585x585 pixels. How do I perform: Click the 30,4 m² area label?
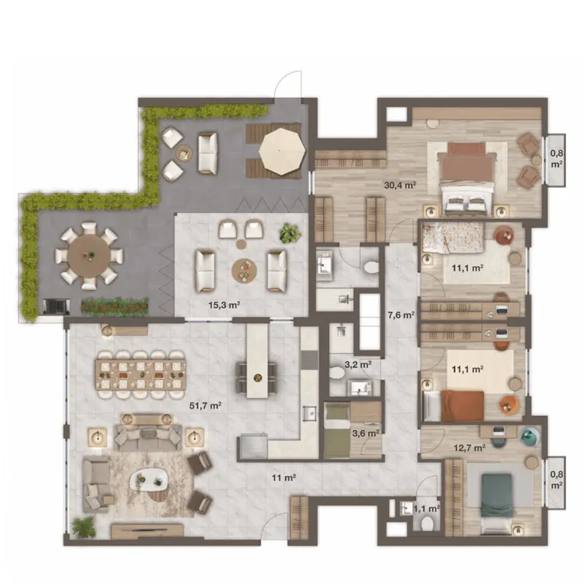point(400,185)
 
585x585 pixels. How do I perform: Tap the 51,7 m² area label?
point(205,405)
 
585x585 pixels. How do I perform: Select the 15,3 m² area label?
point(224,305)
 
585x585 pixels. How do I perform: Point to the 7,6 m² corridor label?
point(401,315)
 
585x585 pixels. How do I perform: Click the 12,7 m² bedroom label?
point(469,448)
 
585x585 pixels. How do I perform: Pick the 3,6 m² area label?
point(366,434)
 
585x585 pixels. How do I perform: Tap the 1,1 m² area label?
point(426,508)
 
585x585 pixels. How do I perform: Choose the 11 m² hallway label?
point(284,478)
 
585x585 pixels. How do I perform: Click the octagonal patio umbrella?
point(282,151)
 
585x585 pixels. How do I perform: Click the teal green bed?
point(496,495)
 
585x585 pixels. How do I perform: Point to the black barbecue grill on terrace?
point(56,306)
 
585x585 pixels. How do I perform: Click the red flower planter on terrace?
point(115,306)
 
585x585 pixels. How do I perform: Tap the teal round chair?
point(530,437)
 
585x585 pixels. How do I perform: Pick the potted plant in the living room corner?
point(83,526)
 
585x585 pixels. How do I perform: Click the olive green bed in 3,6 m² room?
point(337,430)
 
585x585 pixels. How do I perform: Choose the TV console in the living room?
point(148,530)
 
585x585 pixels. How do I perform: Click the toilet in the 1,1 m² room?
point(426,524)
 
